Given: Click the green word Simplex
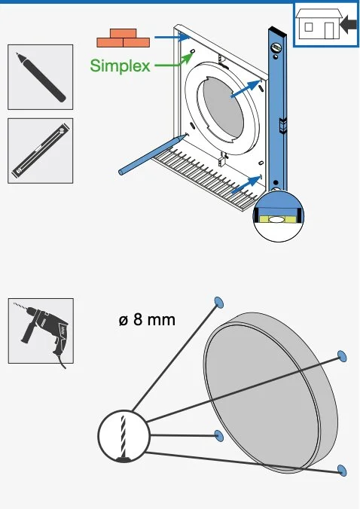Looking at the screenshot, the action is point(120,66).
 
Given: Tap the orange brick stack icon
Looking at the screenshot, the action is point(123,38).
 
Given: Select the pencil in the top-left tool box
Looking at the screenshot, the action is point(41,78).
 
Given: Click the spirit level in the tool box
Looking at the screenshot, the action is point(41,151).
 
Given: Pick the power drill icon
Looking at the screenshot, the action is point(42,332).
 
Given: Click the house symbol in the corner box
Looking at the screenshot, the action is point(319,23).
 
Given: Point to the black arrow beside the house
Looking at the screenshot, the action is point(348,25).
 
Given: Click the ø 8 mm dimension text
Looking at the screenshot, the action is point(147,320).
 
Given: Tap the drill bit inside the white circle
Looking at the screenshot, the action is point(124,436).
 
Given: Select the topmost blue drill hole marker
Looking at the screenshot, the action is point(219,302).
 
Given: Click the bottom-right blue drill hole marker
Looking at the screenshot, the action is point(342,470).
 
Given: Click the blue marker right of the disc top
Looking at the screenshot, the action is point(342,356).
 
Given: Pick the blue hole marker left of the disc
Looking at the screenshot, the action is point(219,436).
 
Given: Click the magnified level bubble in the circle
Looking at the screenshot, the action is point(277,220).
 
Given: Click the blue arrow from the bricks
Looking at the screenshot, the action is point(172,37).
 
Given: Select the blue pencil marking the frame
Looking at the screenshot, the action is point(153,154).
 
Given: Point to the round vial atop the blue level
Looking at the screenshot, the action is point(276,47).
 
